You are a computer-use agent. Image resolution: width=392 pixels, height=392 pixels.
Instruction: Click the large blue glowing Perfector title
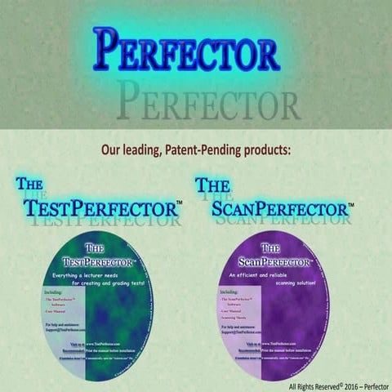point(186,51)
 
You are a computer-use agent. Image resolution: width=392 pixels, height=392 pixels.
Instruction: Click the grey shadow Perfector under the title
point(207,102)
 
